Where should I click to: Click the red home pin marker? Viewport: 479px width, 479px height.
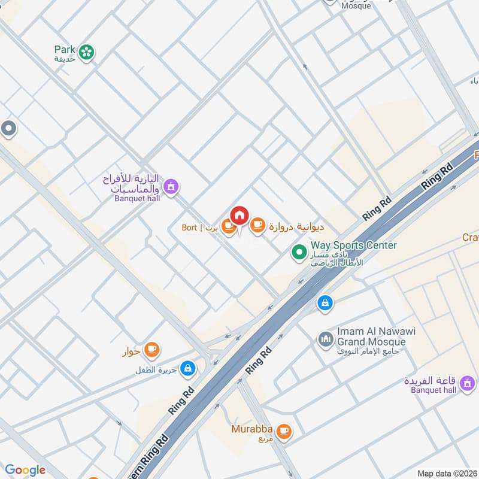239,215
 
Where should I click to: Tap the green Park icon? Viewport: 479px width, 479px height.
87,53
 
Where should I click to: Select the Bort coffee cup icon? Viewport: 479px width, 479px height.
228,226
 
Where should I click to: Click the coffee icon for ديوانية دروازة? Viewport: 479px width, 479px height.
257,226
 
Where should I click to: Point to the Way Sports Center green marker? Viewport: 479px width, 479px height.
299,253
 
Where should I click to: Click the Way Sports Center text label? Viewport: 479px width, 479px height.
353,245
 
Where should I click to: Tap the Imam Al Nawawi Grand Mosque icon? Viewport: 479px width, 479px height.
325,339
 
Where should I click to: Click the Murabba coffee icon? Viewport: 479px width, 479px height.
284,430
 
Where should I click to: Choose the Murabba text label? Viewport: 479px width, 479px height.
253,429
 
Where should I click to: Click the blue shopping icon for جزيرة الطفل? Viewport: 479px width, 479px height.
188,366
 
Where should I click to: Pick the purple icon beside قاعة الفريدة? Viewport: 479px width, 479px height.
468,381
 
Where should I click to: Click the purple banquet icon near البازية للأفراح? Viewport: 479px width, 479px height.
171,187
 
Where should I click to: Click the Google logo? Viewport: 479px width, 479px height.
25,470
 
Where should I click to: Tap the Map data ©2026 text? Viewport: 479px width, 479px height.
447,473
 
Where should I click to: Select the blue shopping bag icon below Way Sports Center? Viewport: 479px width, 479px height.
325,302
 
